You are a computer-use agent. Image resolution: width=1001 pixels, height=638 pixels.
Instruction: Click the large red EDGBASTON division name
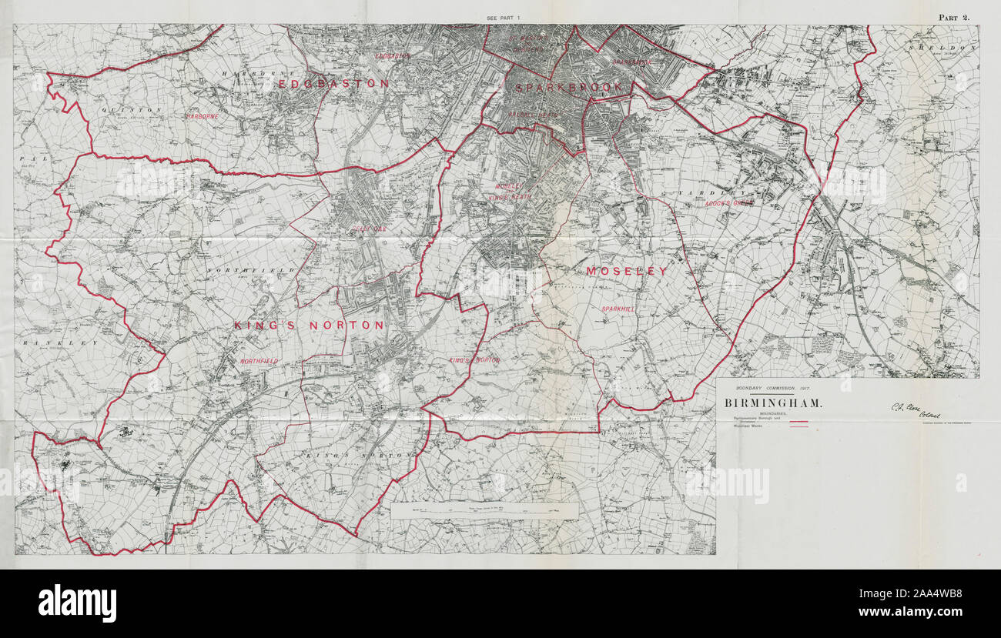click(333, 83)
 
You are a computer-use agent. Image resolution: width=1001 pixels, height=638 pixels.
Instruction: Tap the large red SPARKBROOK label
click(567, 88)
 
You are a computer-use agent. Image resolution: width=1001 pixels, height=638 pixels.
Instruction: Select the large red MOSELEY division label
click(626, 272)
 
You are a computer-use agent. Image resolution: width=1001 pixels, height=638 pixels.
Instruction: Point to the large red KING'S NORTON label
click(309, 326)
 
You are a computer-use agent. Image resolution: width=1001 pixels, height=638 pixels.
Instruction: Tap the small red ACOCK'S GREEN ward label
click(727, 203)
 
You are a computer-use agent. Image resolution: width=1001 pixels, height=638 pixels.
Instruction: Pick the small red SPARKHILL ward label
click(618, 309)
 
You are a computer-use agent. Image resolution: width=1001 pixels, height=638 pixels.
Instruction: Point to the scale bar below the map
click(484, 510)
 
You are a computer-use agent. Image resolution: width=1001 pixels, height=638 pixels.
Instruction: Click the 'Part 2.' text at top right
click(954, 17)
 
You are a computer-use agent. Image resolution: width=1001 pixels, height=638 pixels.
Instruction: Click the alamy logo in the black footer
click(77, 603)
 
